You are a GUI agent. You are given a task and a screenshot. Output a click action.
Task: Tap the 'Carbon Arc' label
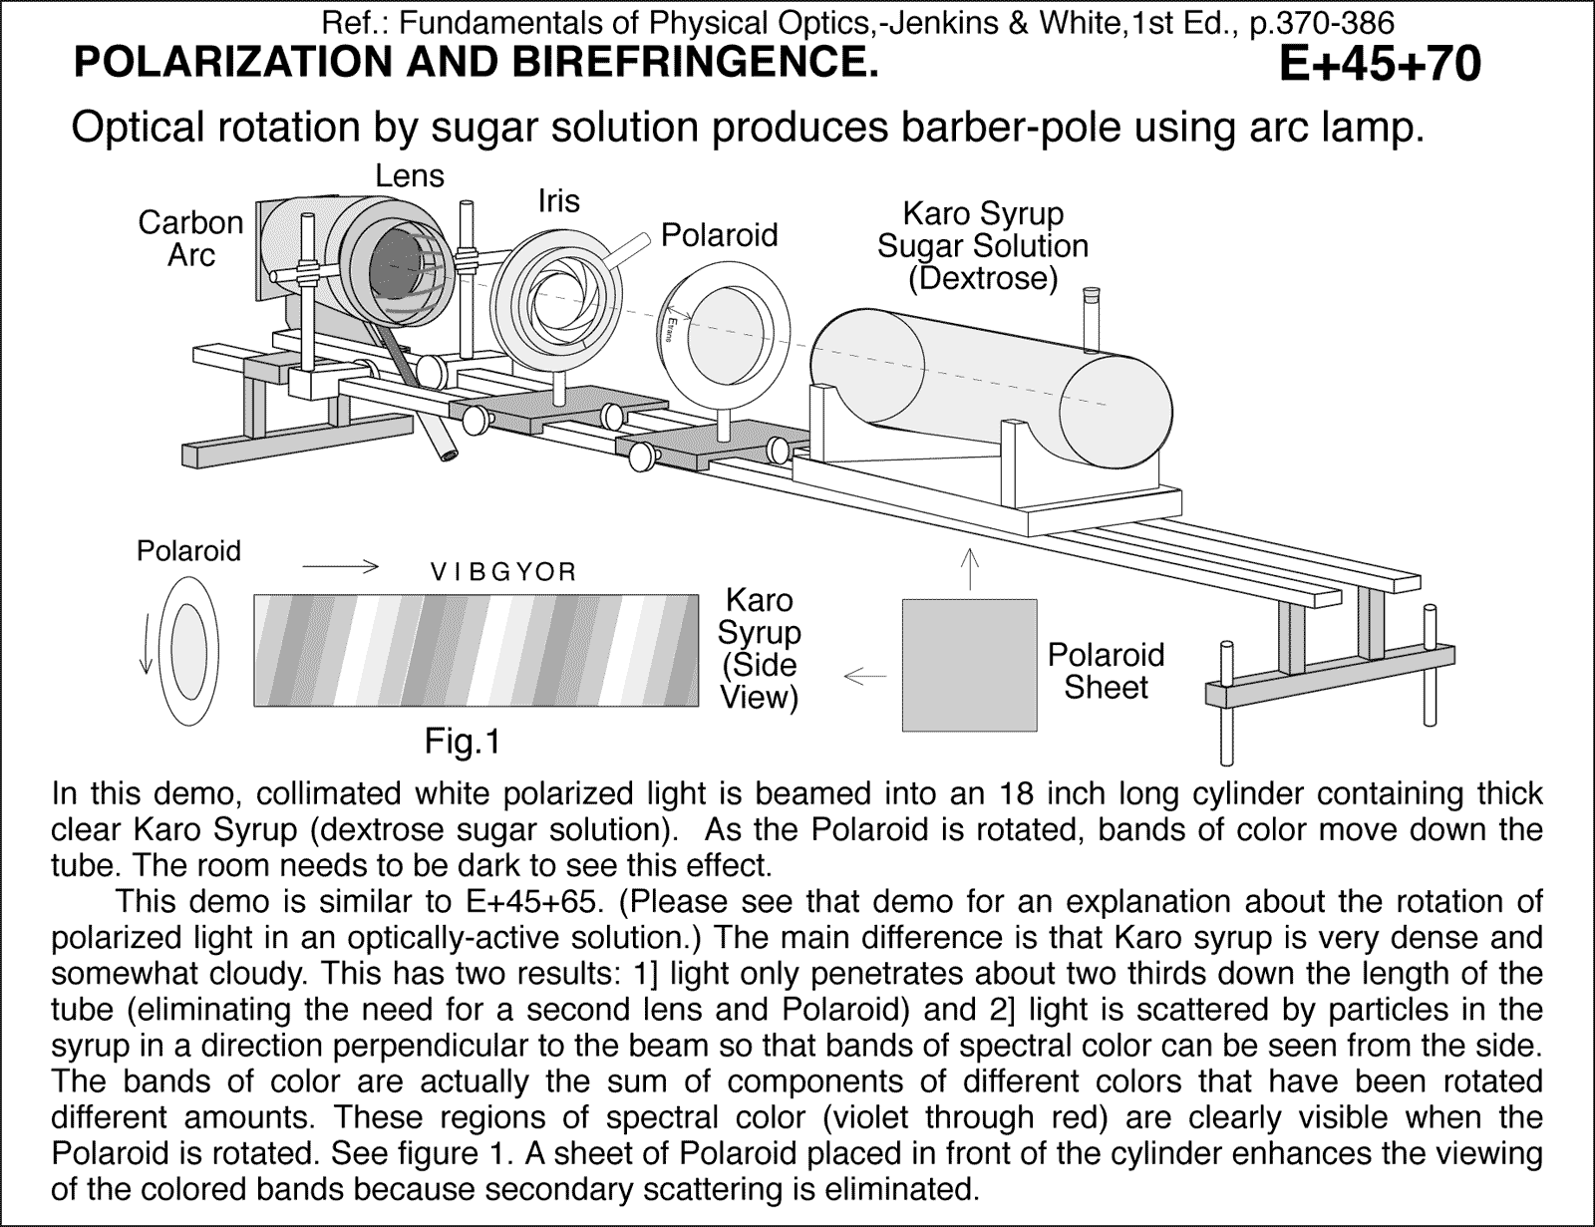tap(190, 238)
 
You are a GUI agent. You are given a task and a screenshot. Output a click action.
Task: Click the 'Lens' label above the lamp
tap(409, 176)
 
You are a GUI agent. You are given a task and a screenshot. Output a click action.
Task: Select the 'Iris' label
tap(558, 201)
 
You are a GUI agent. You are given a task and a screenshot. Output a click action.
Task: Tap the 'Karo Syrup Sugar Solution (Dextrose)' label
tap(982, 245)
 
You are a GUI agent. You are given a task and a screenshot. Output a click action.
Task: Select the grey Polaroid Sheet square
tap(969, 665)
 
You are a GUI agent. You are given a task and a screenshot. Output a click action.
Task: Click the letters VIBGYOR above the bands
tap(503, 572)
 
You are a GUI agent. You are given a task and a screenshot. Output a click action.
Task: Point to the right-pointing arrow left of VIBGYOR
tap(339, 567)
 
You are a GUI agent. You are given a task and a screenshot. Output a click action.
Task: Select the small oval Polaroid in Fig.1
tap(188, 653)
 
